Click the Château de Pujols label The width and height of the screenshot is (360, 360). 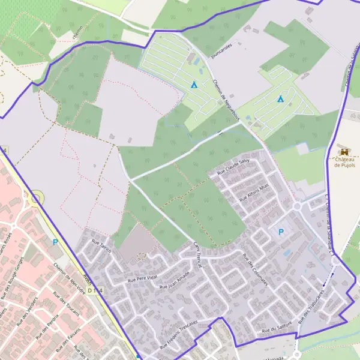[x=344, y=161]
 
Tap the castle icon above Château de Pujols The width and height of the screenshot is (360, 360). [x=344, y=150]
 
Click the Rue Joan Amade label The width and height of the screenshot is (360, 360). [x=174, y=280]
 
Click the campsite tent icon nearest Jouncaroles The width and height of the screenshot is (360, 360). [x=194, y=85]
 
